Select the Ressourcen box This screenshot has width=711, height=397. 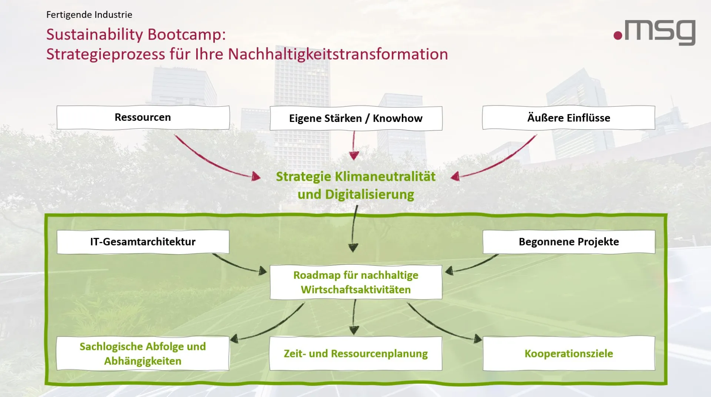(143, 118)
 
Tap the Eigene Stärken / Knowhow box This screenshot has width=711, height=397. (355, 118)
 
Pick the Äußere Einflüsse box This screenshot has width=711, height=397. (568, 118)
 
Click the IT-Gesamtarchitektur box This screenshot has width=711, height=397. (143, 242)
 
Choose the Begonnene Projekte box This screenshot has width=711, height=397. (569, 242)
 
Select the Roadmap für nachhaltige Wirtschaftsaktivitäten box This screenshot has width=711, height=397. (355, 282)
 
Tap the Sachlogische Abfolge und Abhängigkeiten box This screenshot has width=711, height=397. (143, 353)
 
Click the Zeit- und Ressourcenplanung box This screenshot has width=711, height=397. (355, 353)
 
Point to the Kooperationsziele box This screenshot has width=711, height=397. (569, 353)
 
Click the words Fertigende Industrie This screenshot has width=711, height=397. (89, 15)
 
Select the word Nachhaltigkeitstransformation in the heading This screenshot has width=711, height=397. (338, 54)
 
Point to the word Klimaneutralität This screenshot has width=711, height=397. (385, 176)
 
